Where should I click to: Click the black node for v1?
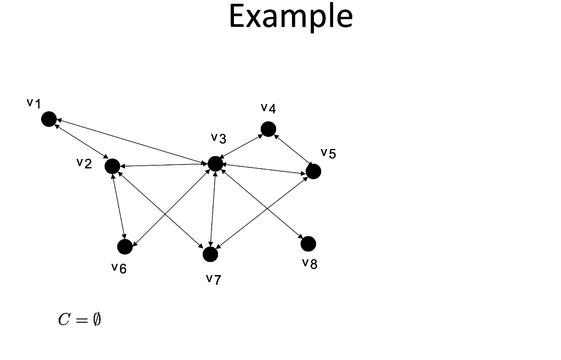click(x=49, y=118)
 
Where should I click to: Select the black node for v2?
click(x=112, y=166)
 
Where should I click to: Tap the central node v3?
click(x=215, y=163)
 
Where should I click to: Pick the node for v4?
click(x=268, y=129)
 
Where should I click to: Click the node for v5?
click(x=313, y=172)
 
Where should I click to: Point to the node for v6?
click(x=125, y=247)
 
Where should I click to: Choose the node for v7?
click(x=210, y=254)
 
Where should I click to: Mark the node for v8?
click(x=308, y=243)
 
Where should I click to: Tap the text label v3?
click(x=219, y=138)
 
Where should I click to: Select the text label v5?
click(x=329, y=153)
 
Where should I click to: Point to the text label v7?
click(x=214, y=280)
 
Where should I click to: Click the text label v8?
click(x=310, y=264)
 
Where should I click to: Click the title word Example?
click(x=290, y=16)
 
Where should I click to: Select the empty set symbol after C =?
click(x=96, y=320)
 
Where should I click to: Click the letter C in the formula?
click(x=64, y=320)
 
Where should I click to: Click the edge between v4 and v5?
click(x=290, y=150)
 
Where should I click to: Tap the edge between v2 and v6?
click(x=118, y=207)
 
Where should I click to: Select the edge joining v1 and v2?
click(x=81, y=142)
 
